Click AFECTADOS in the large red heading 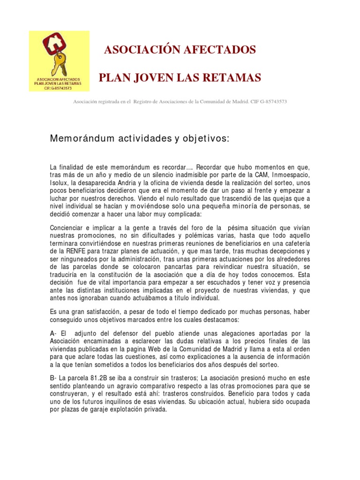(221, 50)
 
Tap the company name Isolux (59, 182)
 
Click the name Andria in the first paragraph (122, 182)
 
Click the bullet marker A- (53, 333)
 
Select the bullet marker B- (53, 378)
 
